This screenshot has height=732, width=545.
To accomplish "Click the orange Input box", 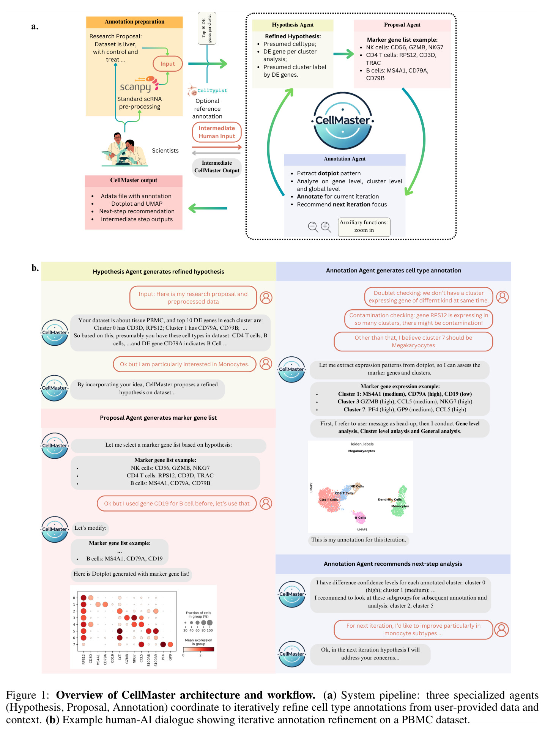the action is pyautogui.click(x=167, y=64).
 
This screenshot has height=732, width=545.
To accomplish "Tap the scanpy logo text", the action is pyautogui.click(x=135, y=87).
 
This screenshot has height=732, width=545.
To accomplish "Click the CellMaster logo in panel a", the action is pyautogui.click(x=343, y=121).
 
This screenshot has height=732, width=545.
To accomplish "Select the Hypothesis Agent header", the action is pyautogui.click(x=293, y=25).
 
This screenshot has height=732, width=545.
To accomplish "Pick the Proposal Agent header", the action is pyautogui.click(x=402, y=25).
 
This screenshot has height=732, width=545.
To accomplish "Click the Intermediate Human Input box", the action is pyautogui.click(x=217, y=132).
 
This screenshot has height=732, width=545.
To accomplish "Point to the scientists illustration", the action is pyautogui.click(x=124, y=149).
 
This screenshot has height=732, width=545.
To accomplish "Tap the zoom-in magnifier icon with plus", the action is pyautogui.click(x=326, y=227).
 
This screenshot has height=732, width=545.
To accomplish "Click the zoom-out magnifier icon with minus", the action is pyautogui.click(x=313, y=227).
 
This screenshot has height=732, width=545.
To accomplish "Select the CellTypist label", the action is pyautogui.click(x=212, y=91).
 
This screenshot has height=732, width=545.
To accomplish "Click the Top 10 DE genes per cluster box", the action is pyautogui.click(x=207, y=28).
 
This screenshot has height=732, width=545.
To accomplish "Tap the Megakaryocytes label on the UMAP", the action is pyautogui.click(x=361, y=451).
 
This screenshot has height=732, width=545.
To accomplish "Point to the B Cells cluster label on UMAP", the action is pyautogui.click(x=361, y=518).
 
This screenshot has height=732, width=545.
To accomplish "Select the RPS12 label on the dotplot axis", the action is pyautogui.click(x=83, y=659).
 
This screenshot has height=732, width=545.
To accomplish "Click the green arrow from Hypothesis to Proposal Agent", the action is pyautogui.click(x=343, y=54).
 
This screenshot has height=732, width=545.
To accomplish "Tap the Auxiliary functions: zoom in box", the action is pyautogui.click(x=364, y=227).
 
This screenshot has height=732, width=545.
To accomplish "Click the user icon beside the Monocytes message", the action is pyautogui.click(x=266, y=364).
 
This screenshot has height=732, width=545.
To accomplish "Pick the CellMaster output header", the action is pyautogui.click(x=134, y=181).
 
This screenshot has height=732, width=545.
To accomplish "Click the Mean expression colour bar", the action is pyautogui.click(x=198, y=649).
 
